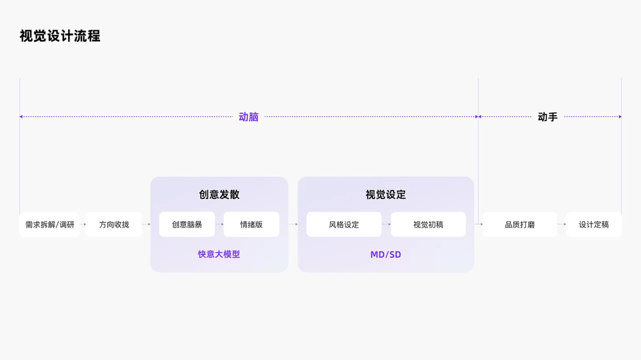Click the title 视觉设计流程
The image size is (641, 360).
[60, 36]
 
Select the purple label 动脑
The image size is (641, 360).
[248, 117]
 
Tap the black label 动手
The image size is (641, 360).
[547, 117]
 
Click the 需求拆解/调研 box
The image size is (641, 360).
[50, 225]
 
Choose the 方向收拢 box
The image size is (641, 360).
[114, 225]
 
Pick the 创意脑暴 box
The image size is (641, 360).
[187, 225]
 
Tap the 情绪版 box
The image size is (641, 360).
[251, 225]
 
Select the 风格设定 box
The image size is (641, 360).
[344, 225]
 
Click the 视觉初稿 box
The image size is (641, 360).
[428, 225]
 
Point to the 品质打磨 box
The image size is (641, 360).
[520, 225]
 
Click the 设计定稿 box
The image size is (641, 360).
[594, 225]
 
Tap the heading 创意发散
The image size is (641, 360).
[219, 194]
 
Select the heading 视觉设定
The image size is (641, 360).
[386, 195]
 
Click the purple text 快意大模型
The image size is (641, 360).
[219, 254]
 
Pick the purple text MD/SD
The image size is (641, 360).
[386, 255]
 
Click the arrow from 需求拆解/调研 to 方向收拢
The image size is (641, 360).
[83, 225]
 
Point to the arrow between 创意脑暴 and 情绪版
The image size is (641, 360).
[219, 225]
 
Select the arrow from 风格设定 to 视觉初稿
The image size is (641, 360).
[386, 225]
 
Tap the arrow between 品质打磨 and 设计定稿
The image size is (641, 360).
[562, 225]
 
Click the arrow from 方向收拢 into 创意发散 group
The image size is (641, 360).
[146, 225]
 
